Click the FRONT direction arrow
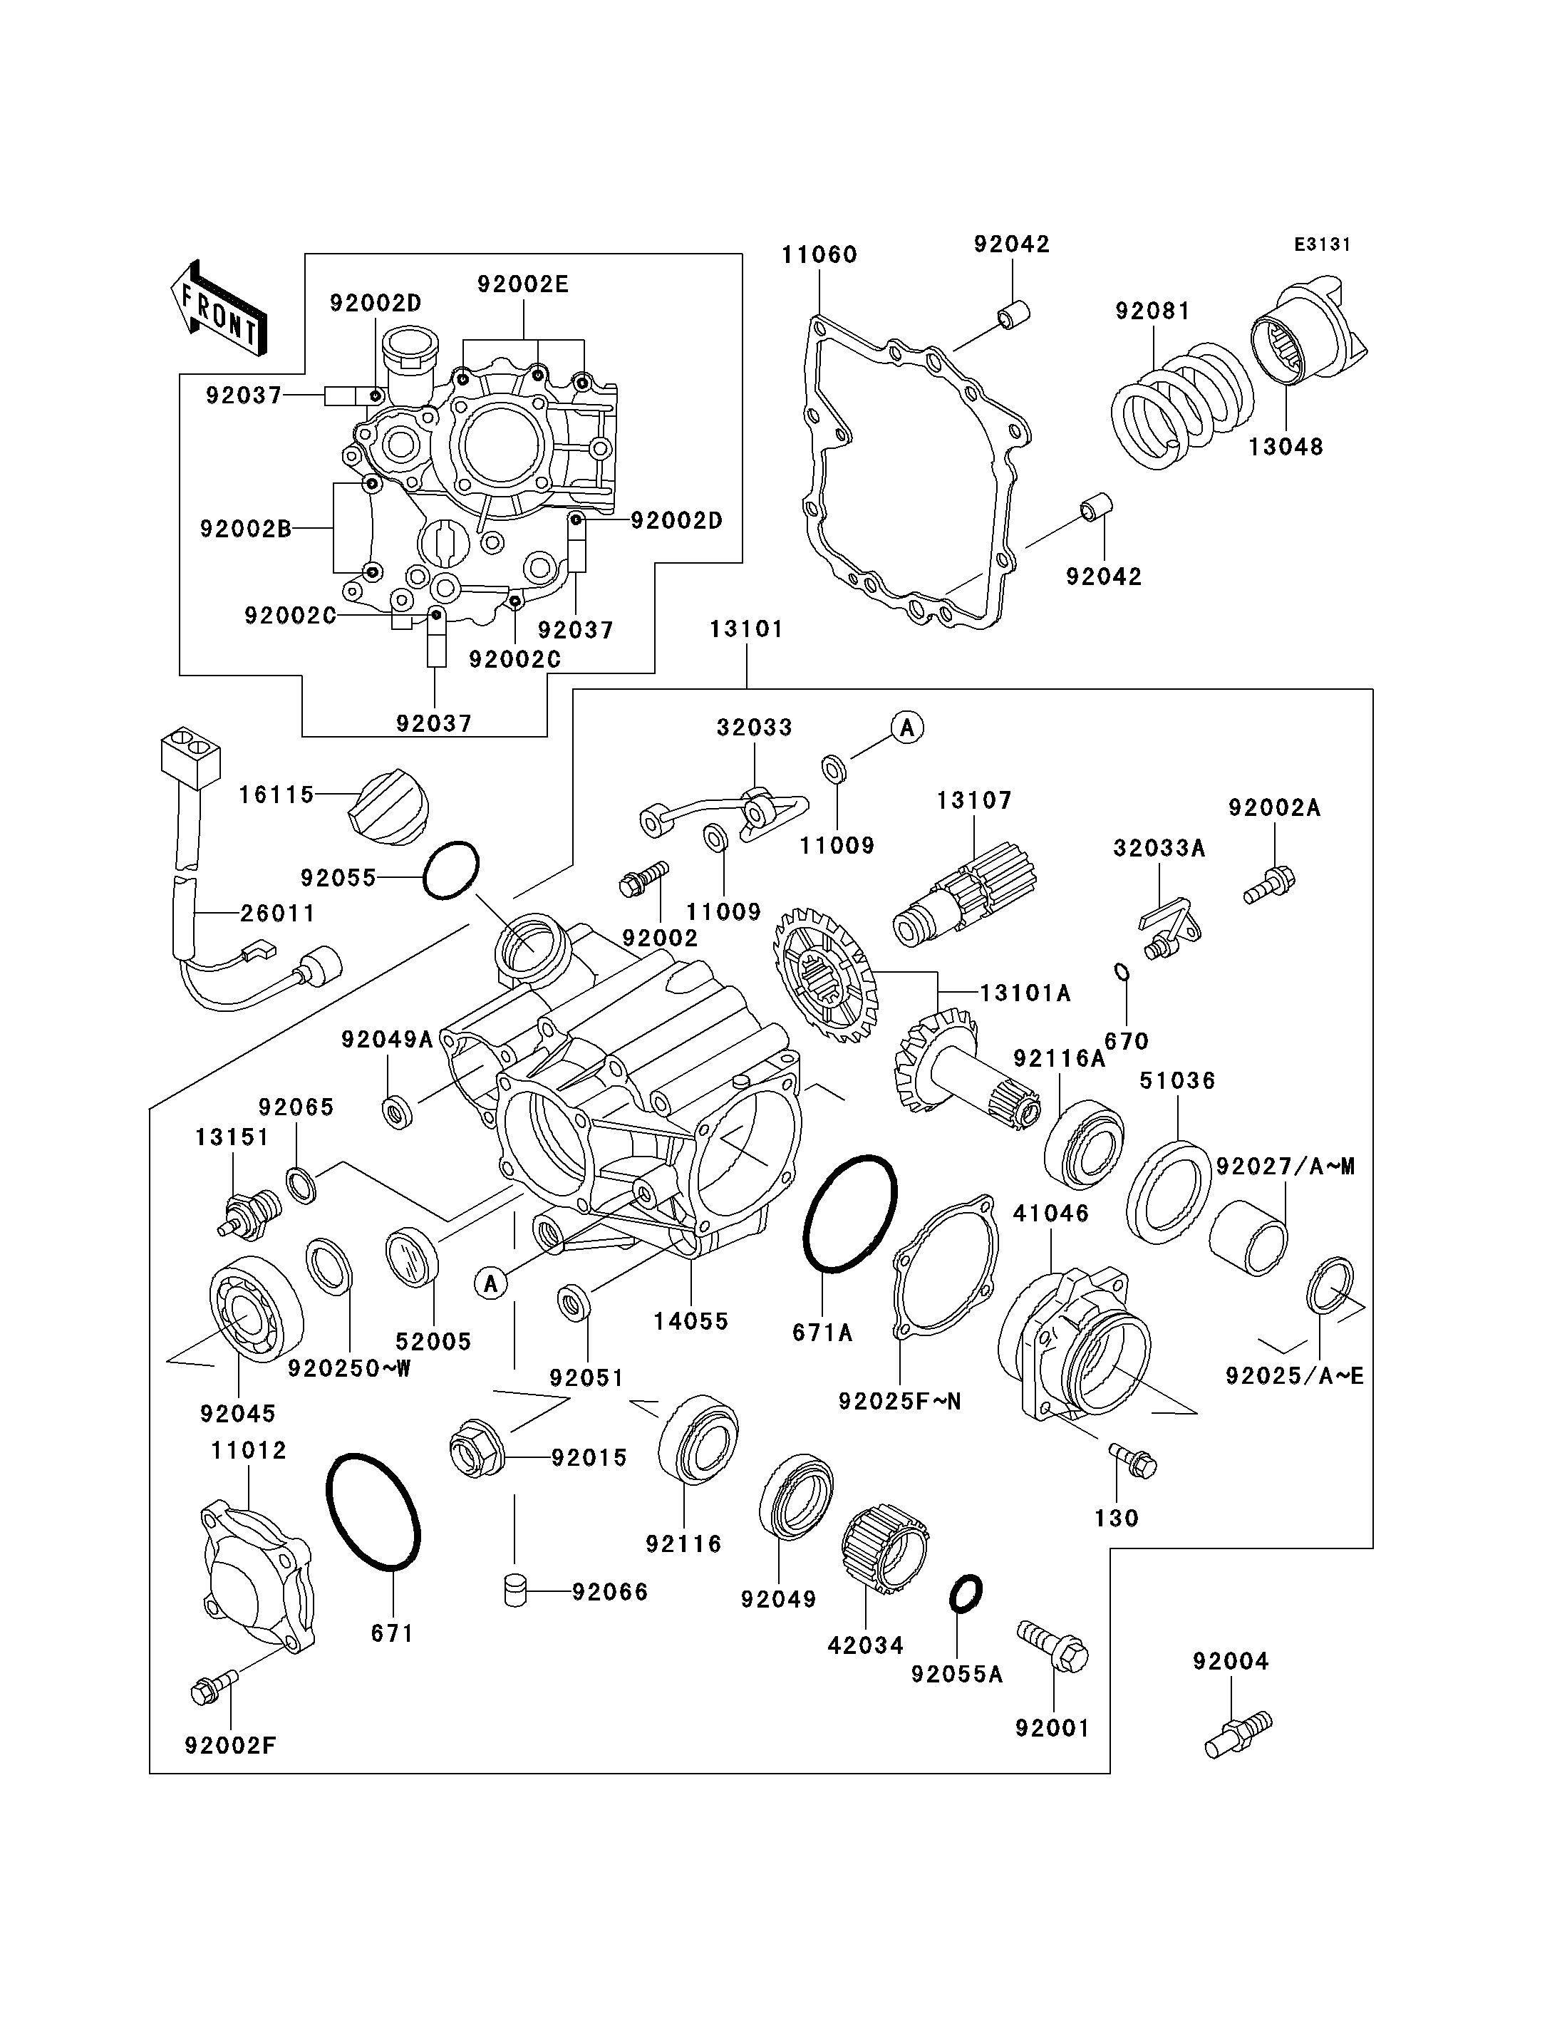219,308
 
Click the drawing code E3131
1322,244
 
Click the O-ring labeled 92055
451,870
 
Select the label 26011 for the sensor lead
278,913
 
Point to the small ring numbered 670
1122,973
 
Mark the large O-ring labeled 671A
850,1213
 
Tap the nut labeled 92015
476,1457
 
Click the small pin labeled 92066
512,1589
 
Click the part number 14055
691,1321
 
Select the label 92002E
522,284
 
